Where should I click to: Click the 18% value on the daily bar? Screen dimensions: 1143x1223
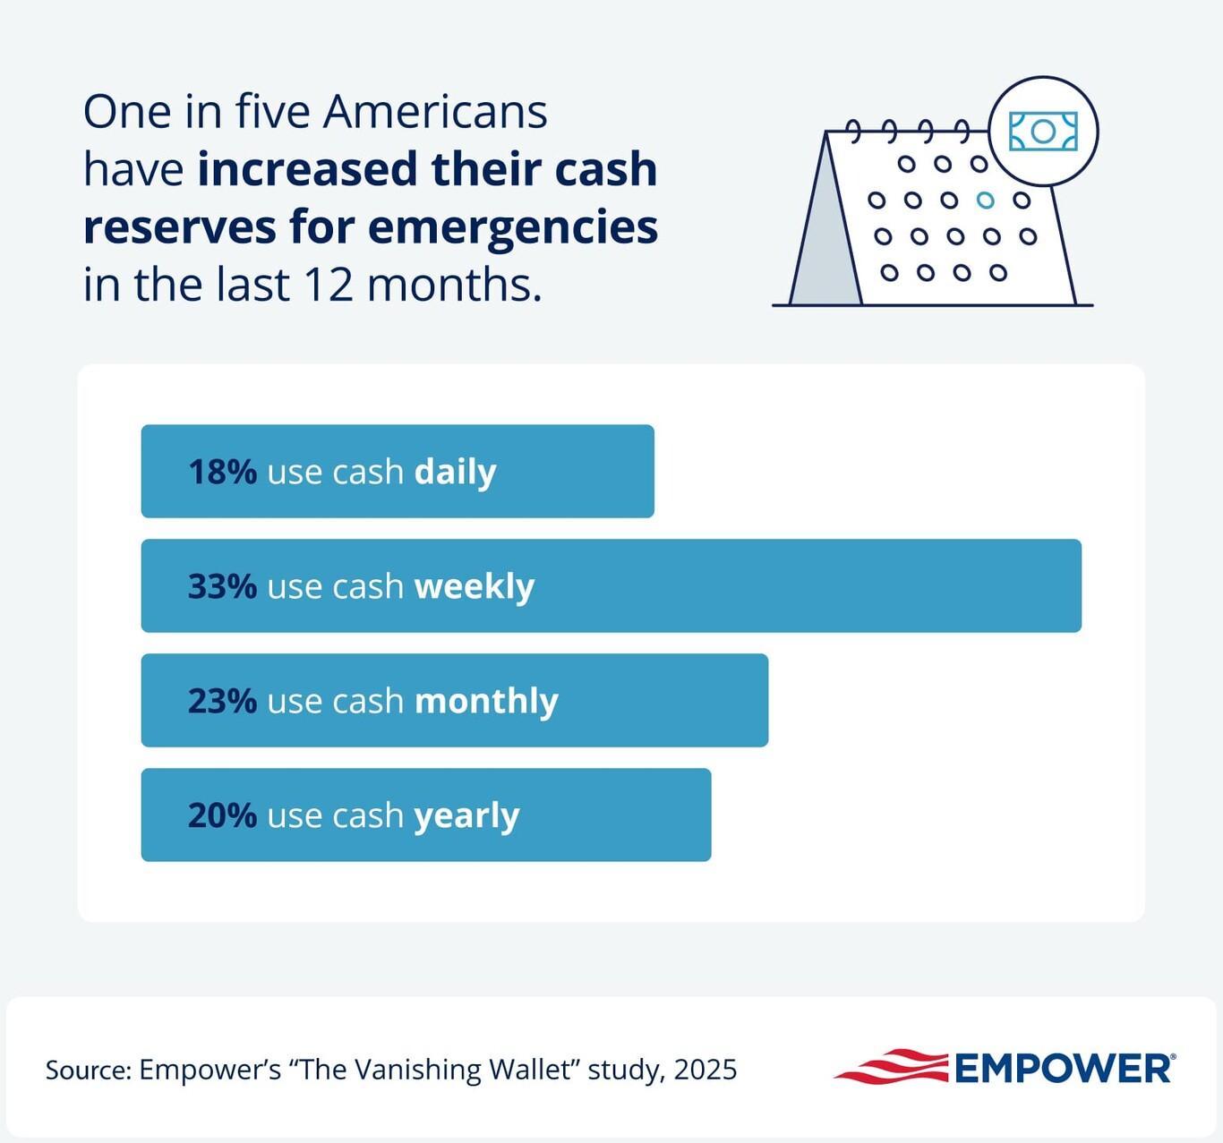point(222,472)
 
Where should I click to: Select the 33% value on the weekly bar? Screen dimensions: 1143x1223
point(222,586)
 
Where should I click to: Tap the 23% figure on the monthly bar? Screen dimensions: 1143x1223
point(222,701)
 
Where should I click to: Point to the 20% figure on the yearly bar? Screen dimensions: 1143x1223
point(222,815)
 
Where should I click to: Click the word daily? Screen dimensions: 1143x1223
point(455,472)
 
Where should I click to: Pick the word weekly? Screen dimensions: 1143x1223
point(475,586)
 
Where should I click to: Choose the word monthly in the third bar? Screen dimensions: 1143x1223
point(486,701)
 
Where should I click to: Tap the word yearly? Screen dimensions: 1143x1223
point(466,816)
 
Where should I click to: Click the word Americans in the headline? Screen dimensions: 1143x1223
point(435,112)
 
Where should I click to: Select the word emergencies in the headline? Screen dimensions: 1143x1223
point(513,227)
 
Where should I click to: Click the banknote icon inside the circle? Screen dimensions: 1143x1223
point(1043,132)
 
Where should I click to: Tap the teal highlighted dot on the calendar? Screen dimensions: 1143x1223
point(986,200)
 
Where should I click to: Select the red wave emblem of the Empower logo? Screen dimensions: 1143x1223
point(892,1066)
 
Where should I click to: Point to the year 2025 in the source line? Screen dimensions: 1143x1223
point(706,1070)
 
